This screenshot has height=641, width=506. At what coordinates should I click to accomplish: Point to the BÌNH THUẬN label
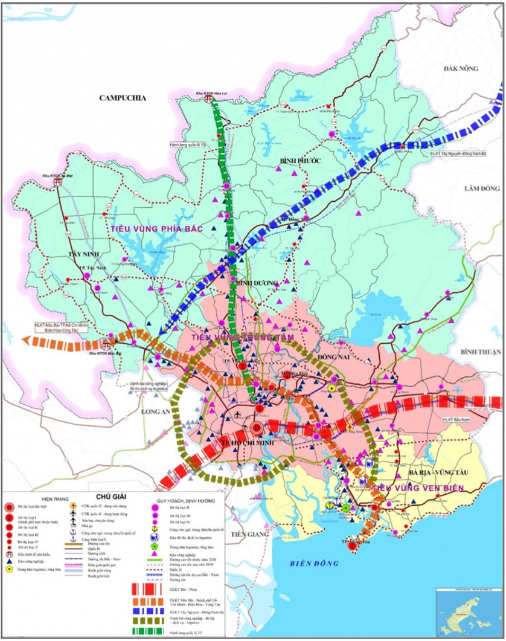coord(481,351)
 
